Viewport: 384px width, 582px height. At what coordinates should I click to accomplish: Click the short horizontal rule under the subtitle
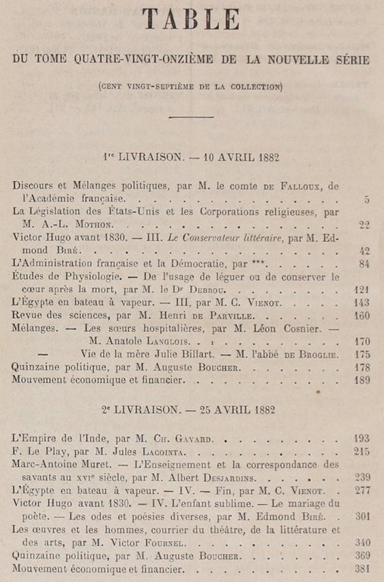tap(191, 116)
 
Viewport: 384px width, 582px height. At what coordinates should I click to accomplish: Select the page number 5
tap(366, 199)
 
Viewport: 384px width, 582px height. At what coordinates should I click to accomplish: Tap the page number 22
tap(364, 225)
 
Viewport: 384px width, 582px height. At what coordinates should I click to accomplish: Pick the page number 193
tap(361, 438)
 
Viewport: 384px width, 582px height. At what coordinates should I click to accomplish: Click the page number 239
tap(361, 477)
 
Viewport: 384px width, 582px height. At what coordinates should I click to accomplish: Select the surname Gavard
tap(181, 439)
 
